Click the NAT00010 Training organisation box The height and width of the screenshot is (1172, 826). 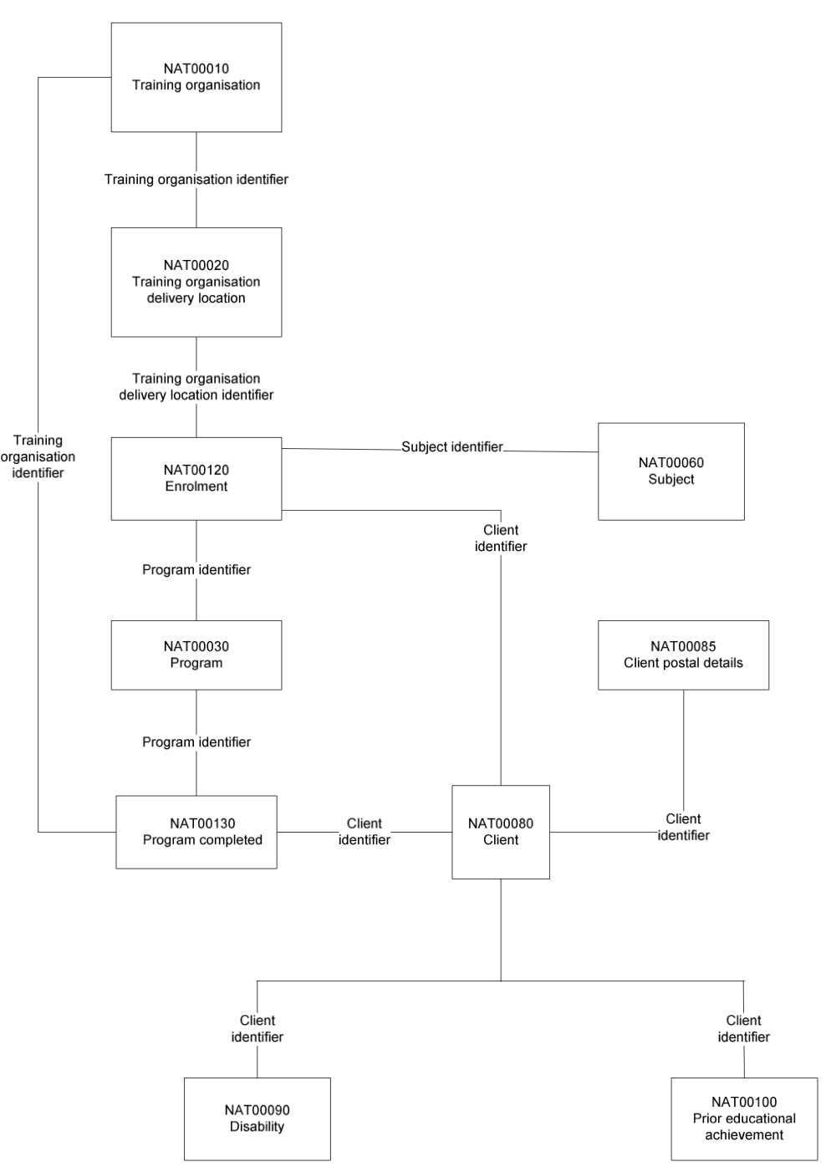196,77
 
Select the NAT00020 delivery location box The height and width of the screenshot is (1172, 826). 196,282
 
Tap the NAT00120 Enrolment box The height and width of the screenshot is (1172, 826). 196,479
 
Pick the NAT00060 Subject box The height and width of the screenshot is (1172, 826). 671,471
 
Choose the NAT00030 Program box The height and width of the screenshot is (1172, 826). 196,655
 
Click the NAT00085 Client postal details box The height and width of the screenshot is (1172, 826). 683,655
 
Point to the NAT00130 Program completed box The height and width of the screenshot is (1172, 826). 196,832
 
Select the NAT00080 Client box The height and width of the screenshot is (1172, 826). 501,832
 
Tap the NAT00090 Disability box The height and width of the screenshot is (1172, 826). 257,1118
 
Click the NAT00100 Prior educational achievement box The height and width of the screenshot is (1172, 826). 744,1118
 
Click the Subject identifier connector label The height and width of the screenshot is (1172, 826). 452,447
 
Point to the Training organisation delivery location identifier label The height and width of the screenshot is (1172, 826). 196,387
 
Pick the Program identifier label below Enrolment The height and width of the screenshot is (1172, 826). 196,570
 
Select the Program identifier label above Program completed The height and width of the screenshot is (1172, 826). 196,742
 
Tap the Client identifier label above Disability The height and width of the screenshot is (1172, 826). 257,1029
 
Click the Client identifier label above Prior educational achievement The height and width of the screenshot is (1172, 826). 743,1029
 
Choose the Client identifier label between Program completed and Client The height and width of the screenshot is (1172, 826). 364,832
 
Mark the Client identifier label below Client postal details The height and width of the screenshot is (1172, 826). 683,828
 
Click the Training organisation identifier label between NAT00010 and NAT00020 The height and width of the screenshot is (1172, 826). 196,180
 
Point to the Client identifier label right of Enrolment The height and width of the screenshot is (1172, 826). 501,538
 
